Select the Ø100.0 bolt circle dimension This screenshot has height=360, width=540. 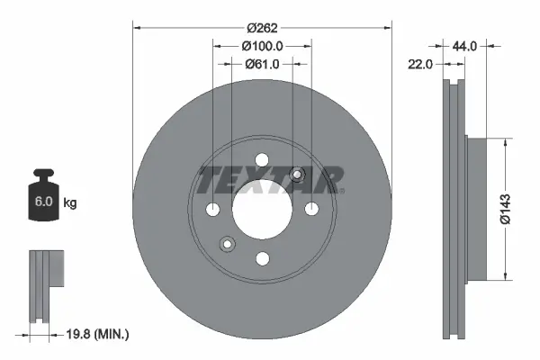[262, 45]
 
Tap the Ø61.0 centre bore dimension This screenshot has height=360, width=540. [262, 64]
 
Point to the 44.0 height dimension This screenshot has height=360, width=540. [464, 44]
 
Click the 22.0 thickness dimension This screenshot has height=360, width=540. [421, 64]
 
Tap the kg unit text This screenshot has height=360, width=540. [70, 203]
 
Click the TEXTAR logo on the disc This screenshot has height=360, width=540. [270, 179]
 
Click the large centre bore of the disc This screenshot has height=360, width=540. [262, 210]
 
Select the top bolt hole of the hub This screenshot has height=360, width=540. [262, 160]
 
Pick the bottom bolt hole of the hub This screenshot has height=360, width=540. [262, 259]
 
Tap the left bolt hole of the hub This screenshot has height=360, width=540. [212, 210]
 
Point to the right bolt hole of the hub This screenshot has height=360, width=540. [311, 210]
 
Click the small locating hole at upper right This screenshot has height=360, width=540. [298, 175]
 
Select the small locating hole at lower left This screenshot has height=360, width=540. [227, 243]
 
